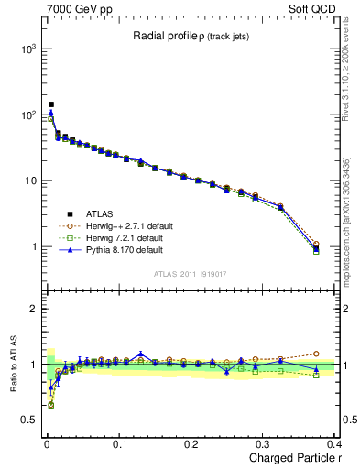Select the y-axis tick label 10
tap(28, 181)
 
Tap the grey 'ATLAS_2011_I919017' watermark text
tap(189, 273)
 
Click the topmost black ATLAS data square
tap(51, 104)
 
